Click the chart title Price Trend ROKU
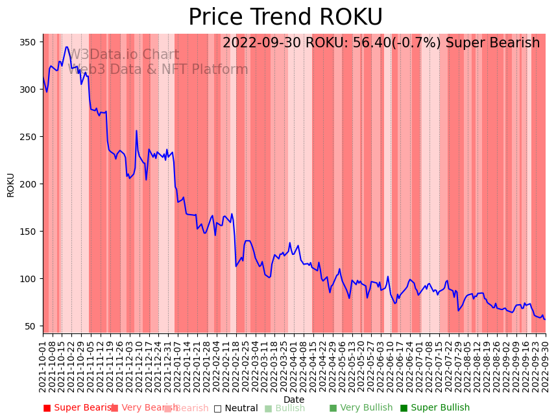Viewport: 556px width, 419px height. click(x=285, y=18)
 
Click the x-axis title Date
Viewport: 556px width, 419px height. click(x=294, y=400)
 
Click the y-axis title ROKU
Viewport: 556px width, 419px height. click(x=10, y=185)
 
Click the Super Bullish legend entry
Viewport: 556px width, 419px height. click(x=435, y=408)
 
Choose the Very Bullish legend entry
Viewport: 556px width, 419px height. click(x=361, y=408)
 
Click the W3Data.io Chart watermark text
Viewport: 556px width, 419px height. click(x=123, y=54)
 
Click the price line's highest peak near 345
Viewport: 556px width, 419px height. click(x=66, y=47)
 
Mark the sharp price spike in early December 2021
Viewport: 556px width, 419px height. click(x=136, y=131)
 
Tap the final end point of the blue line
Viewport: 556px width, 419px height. click(x=545, y=319)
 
